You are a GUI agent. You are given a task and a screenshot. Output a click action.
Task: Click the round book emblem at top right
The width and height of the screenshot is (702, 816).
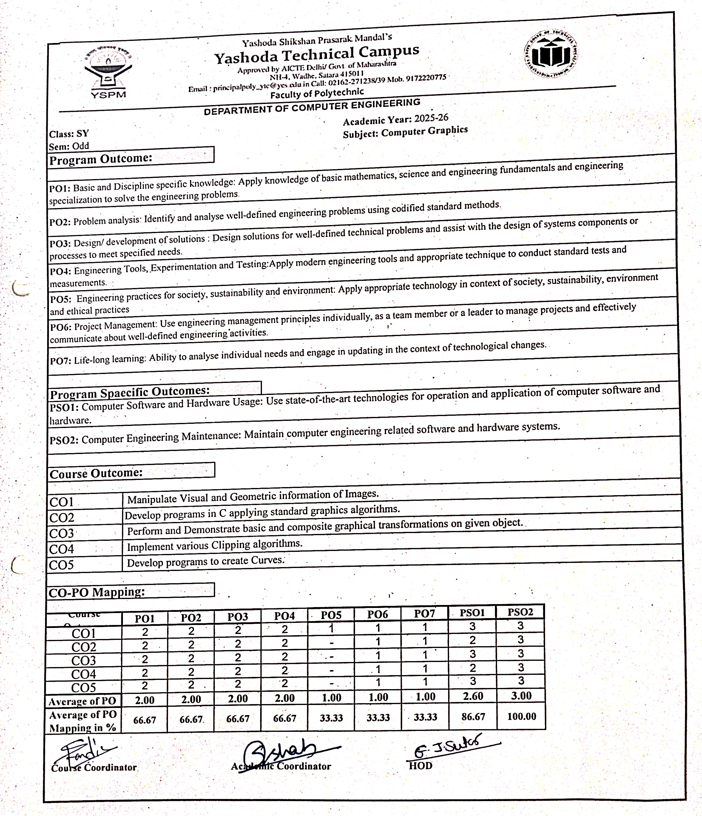[x=551, y=54]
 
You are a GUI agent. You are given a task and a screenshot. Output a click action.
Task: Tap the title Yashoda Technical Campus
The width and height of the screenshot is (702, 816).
[x=317, y=54]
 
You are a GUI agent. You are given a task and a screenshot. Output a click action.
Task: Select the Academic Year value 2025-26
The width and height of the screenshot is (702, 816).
[x=431, y=118]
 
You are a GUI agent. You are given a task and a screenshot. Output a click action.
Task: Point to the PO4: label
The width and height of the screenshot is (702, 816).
[x=60, y=271]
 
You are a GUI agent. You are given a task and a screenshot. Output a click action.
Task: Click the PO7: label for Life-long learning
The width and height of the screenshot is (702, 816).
[x=60, y=360]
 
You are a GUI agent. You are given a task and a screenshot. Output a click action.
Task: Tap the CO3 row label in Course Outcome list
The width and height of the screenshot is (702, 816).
[x=61, y=533]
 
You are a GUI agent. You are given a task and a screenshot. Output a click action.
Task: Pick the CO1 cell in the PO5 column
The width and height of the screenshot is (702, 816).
[x=331, y=629]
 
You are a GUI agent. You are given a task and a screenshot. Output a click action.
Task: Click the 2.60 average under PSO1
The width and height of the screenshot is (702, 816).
[x=473, y=696]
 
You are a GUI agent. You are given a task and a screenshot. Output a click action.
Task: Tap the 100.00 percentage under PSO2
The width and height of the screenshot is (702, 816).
[x=521, y=716]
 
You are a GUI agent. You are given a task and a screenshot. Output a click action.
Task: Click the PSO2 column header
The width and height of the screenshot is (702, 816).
[x=520, y=612]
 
